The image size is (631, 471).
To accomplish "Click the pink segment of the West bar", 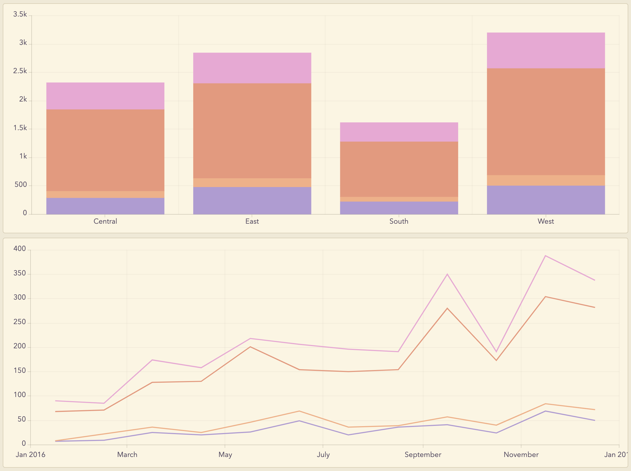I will pos(546,50).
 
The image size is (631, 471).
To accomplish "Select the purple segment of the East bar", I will pos(252,201).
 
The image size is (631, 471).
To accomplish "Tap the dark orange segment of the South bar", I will pos(399,169).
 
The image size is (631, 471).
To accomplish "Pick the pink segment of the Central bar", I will pos(105,96).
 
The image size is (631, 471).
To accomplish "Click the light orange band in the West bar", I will pos(546,180).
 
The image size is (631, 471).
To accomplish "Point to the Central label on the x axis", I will pos(105,221).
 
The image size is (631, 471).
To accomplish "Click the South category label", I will pos(399,221).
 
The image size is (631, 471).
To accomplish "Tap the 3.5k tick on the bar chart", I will pos(20,15).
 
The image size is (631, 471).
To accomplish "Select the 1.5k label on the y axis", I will pos(20,128).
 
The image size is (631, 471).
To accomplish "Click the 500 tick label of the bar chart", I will pos(21,185).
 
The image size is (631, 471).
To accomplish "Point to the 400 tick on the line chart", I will pos(20,249).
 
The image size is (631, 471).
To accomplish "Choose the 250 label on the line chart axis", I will pos(20,322).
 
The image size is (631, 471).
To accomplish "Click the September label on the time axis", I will pos(423,455).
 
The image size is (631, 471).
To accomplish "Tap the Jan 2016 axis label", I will pos(31,455).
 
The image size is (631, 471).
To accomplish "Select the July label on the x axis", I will pos(323,455).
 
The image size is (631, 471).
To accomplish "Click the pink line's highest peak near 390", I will pos(545,256).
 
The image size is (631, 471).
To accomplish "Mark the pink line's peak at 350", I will pos(447,274).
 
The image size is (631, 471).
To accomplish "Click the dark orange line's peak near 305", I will pos(545,297).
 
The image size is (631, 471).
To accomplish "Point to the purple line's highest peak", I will pos(545,411).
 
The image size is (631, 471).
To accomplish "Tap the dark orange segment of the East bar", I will pos(252,131).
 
